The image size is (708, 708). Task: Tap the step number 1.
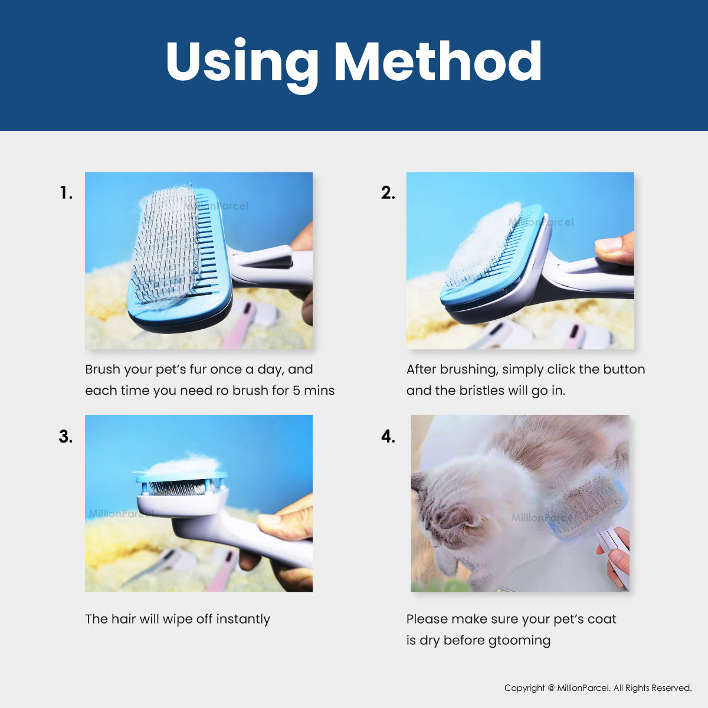point(66,193)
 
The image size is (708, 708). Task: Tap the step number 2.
point(388,193)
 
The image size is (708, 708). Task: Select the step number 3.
point(65,437)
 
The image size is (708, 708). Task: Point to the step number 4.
point(388,437)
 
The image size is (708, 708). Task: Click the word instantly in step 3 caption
point(243,619)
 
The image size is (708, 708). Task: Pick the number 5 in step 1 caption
point(297,391)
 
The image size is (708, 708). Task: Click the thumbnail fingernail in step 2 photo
point(608,244)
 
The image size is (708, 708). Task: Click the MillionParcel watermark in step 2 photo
point(541,222)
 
